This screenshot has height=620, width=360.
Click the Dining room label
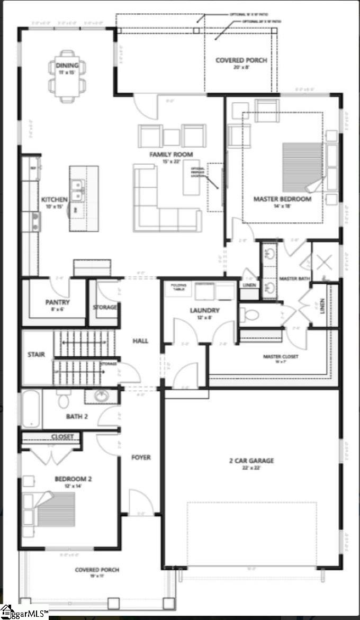[67, 66]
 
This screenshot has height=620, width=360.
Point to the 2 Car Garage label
[251, 461]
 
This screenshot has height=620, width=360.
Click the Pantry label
[57, 302]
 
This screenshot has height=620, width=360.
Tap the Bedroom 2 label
[73, 479]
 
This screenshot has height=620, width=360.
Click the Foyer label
[141, 457]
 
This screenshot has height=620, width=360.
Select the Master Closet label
[281, 357]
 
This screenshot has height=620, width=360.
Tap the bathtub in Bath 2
[31, 409]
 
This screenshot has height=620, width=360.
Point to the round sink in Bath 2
[101, 396]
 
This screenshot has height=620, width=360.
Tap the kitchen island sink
[78, 190]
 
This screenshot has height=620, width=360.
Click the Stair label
[36, 354]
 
